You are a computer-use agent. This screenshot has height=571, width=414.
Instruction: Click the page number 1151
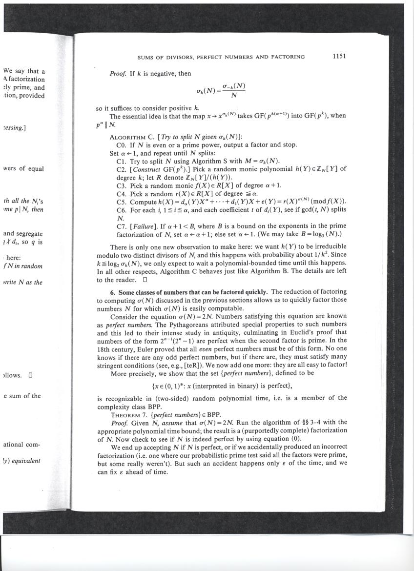pos(339,56)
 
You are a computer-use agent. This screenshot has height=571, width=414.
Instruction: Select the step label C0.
pos(122,145)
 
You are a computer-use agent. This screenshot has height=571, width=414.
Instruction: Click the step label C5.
pos(122,202)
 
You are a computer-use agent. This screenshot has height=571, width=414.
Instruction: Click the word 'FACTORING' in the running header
pos(288,57)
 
